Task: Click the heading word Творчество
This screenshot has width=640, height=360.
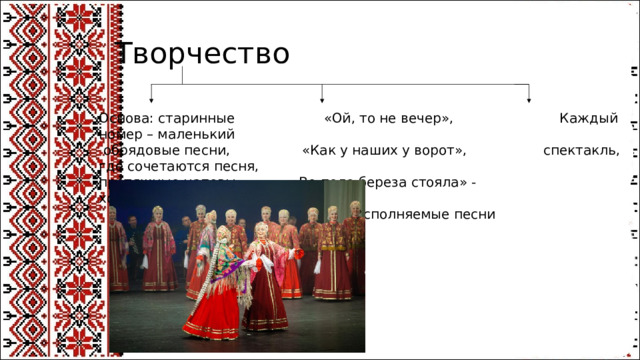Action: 203,52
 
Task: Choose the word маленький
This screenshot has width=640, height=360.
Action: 196,135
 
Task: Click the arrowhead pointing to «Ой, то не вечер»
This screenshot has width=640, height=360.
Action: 322,97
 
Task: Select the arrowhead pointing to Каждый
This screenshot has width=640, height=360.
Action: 529,97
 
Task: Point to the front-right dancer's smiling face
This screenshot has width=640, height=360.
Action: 262,231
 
